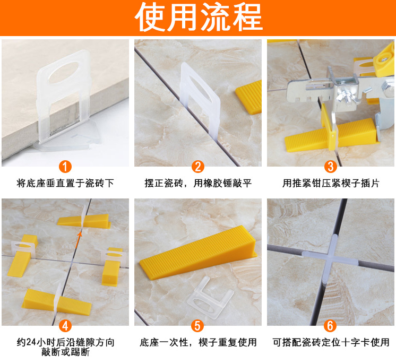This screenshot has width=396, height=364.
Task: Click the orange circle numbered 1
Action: pyautogui.click(x=65, y=167)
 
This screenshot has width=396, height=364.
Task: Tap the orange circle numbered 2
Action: pyautogui.click(x=198, y=167)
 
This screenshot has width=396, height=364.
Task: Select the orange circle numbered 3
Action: pyautogui.click(x=331, y=167)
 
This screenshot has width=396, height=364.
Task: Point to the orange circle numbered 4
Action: pyautogui.click(x=65, y=326)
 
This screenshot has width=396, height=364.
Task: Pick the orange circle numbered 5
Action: pyautogui.click(x=198, y=326)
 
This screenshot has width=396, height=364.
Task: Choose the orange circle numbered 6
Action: pyautogui.click(x=331, y=326)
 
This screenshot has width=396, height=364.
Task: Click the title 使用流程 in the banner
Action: pyautogui.click(x=199, y=17)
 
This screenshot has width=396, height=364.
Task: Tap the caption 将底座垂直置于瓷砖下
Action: pyautogui.click(x=65, y=183)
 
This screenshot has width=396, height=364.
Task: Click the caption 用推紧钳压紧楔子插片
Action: pyautogui.click(x=331, y=183)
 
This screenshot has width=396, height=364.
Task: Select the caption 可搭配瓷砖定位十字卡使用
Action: pyautogui.click(x=331, y=342)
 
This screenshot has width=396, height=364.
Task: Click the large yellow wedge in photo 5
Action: pyautogui.click(x=198, y=253)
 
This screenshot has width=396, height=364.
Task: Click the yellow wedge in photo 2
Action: pyautogui.click(x=249, y=97)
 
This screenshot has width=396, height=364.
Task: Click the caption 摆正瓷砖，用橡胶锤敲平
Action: pyautogui.click(x=198, y=183)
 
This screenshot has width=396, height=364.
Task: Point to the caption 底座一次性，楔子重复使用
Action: pyautogui.click(x=198, y=342)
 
